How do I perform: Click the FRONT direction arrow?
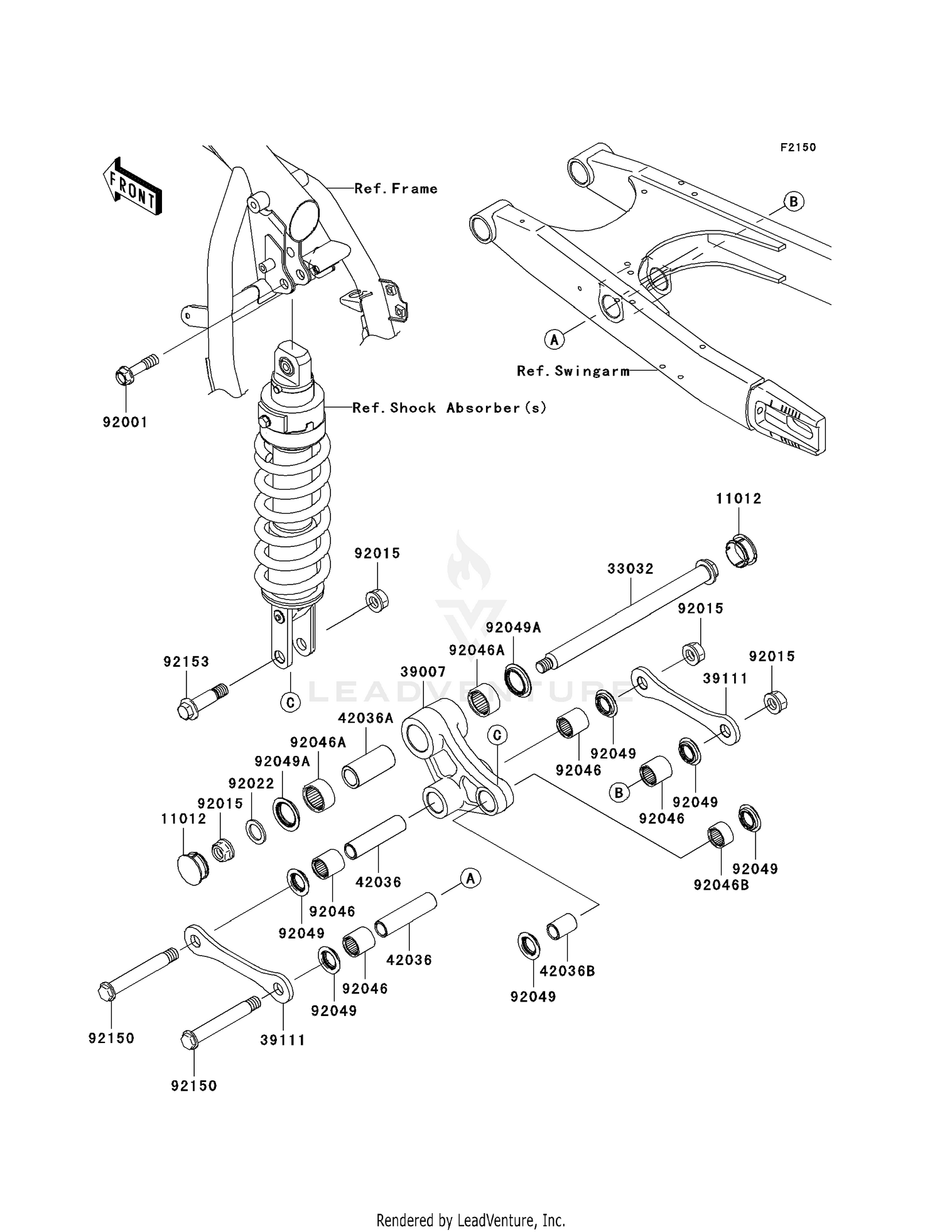133,186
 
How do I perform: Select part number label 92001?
125,422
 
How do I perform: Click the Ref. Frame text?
396,188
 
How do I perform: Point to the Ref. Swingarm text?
573,371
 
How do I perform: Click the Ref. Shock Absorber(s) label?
449,408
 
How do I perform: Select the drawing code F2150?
798,148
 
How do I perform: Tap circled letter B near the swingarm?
794,202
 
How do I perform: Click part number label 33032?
630,568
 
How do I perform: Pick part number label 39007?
423,671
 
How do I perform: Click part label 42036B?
567,971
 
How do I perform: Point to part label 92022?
251,783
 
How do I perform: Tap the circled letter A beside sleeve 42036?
470,878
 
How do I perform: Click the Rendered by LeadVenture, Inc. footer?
470,1220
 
